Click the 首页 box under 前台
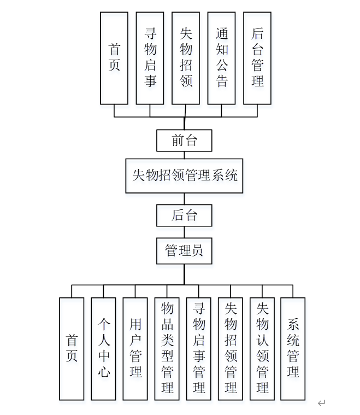pyautogui.click(x=114, y=58)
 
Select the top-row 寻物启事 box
pyautogui.click(x=150, y=58)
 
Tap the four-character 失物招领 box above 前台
pyautogui.click(x=186, y=58)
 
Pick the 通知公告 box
pyautogui.click(x=221, y=58)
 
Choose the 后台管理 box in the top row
pyautogui.click(x=257, y=58)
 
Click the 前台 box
pyautogui.click(x=184, y=141)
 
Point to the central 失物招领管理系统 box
pyautogui.click(x=185, y=176)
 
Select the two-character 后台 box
pyautogui.click(x=184, y=215)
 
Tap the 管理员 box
pyautogui.click(x=184, y=250)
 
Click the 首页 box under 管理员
pyautogui.click(x=72, y=348)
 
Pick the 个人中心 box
pyautogui.click(x=103, y=348)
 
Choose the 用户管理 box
pyautogui.click(x=135, y=348)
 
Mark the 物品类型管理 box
pyautogui.click(x=167, y=348)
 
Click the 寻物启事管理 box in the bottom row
pyautogui.click(x=198, y=348)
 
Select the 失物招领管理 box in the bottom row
pyautogui.click(x=230, y=348)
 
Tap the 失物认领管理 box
pyautogui.click(x=262, y=348)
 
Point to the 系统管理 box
pyautogui.click(x=293, y=348)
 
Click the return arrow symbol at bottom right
pyautogui.click(x=322, y=404)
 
